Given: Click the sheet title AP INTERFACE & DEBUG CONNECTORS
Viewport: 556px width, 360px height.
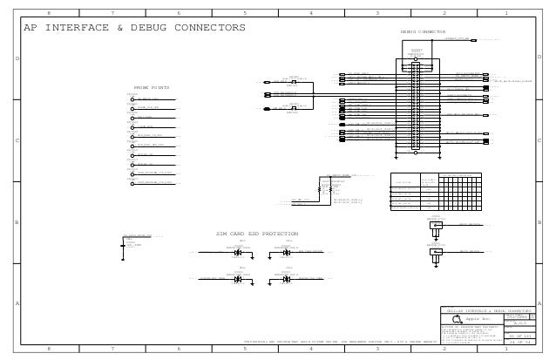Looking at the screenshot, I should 134,28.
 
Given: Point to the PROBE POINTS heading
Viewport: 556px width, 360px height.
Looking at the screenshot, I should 151,87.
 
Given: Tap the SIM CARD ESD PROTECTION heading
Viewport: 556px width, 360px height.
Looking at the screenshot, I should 257,234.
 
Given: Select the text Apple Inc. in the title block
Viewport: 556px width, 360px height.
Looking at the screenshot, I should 479,320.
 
